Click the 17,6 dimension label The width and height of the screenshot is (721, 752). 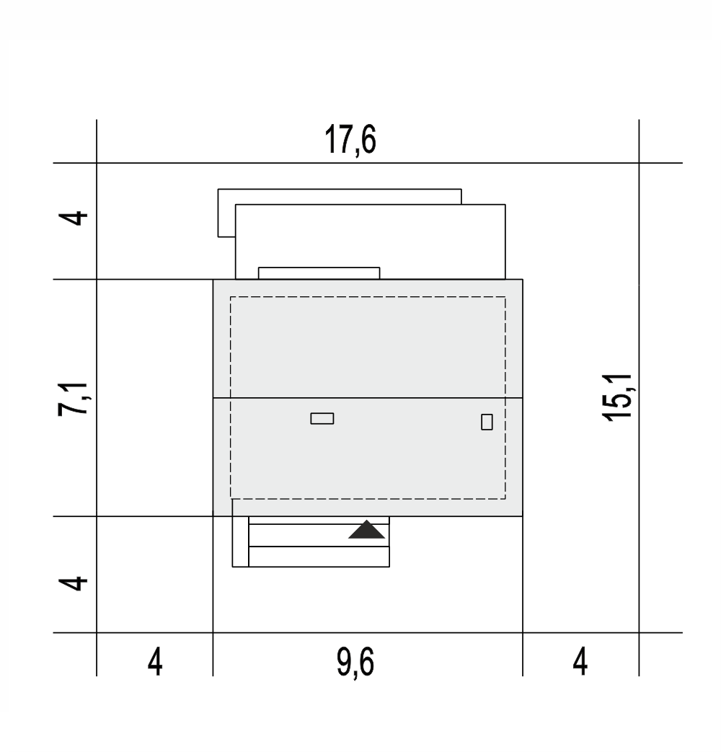[x=350, y=140]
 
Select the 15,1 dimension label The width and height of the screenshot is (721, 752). [x=618, y=397]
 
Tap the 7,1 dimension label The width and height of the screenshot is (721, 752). [x=73, y=399]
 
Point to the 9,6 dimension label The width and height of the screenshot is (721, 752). [x=355, y=663]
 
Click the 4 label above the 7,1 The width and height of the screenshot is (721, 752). [x=73, y=218]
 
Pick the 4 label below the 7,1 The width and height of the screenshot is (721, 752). [x=73, y=583]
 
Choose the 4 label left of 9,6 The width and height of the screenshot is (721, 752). [x=155, y=663]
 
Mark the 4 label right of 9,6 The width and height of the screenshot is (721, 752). [x=580, y=662]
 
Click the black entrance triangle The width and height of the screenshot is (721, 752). [x=366, y=529]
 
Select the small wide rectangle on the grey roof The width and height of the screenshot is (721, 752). [x=322, y=419]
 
